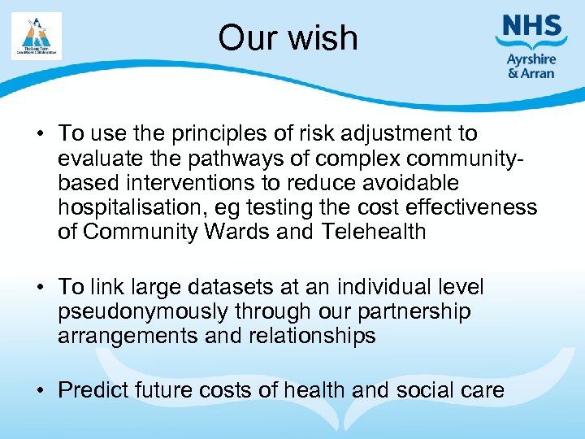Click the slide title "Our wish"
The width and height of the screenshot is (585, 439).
click(288, 38)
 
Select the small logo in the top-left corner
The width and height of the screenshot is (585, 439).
click(37, 36)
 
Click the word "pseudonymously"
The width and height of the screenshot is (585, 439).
click(143, 311)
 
